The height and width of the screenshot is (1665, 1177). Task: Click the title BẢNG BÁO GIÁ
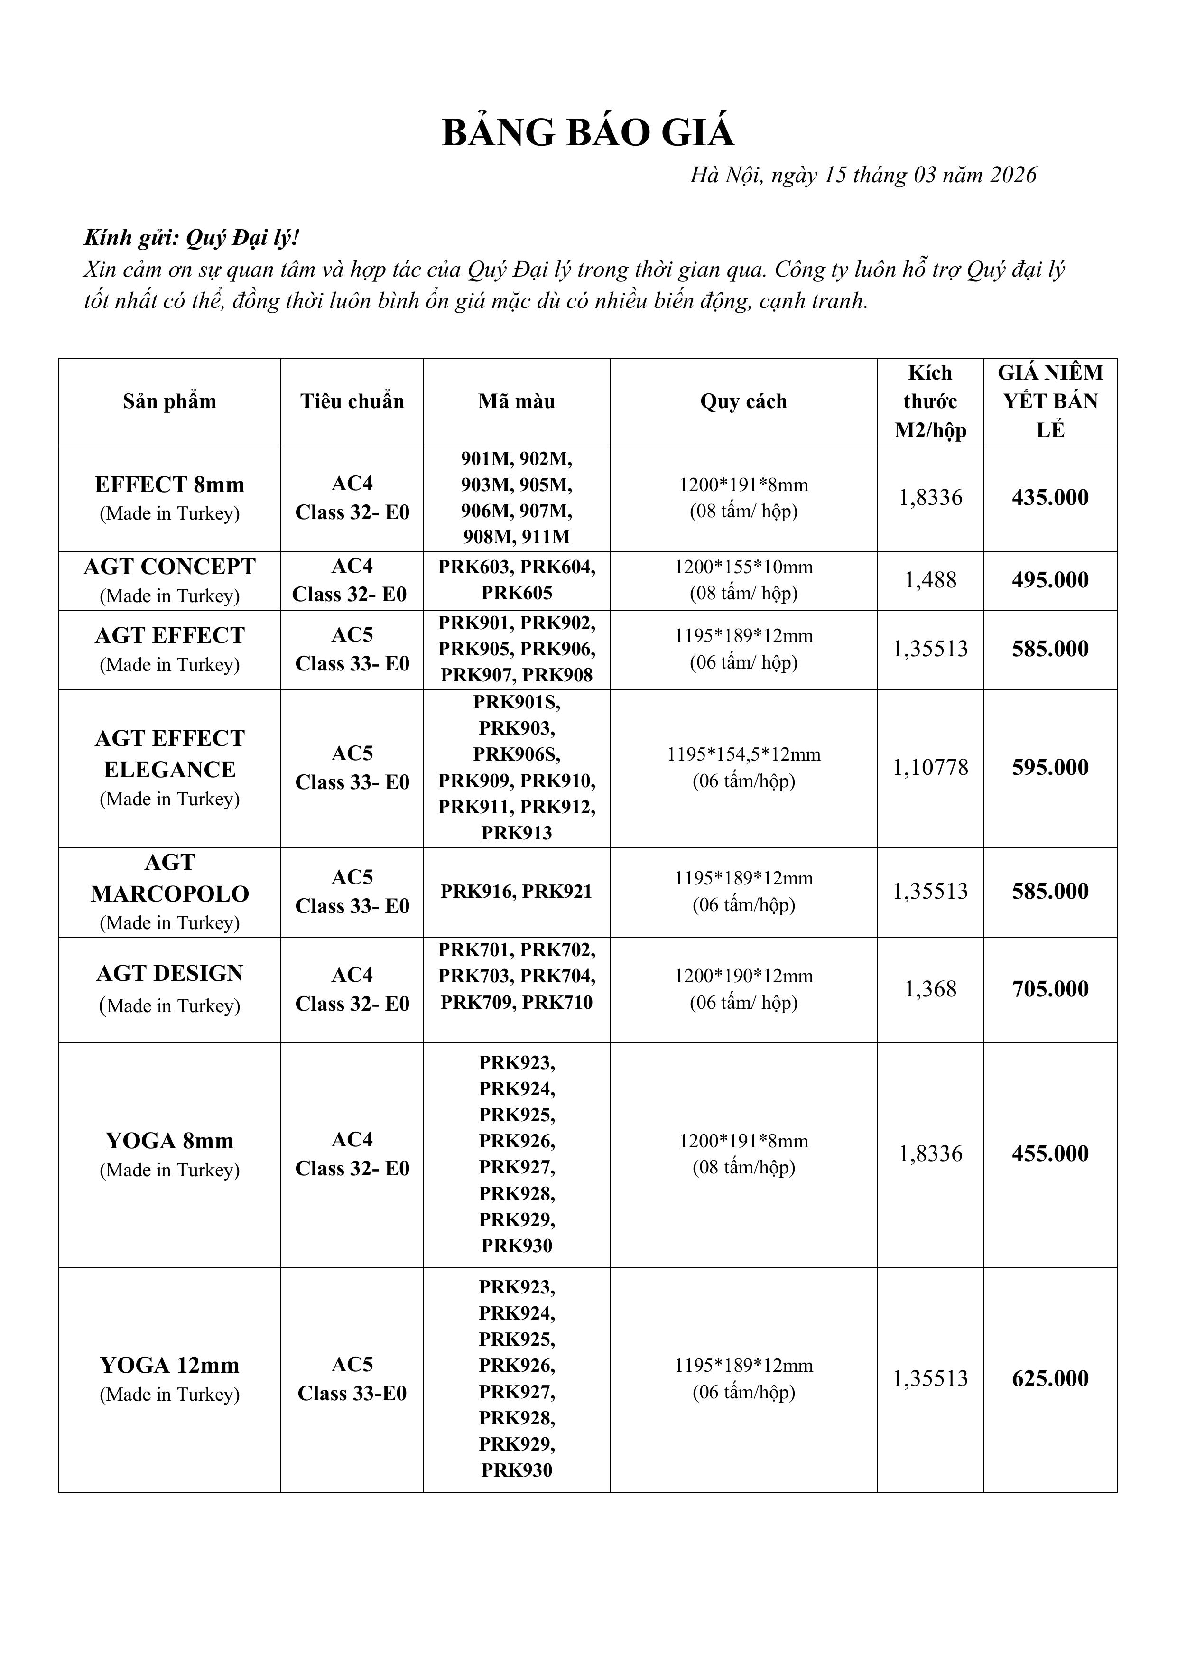pyautogui.click(x=588, y=133)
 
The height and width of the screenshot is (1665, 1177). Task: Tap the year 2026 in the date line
pyautogui.click(x=1013, y=175)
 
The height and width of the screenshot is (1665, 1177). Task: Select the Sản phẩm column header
pyautogui.click(x=170, y=401)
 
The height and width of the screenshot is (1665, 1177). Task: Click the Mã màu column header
pyautogui.click(x=516, y=401)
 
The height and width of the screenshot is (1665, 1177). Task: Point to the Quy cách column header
pyautogui.click(x=743, y=401)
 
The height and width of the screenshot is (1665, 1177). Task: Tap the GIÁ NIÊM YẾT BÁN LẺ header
pyautogui.click(x=1050, y=401)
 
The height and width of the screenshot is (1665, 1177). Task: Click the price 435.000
pyautogui.click(x=1050, y=497)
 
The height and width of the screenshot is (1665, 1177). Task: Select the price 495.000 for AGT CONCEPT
pyautogui.click(x=1050, y=580)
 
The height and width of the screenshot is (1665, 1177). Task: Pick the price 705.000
pyautogui.click(x=1050, y=989)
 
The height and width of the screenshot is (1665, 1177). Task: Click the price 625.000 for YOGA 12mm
pyautogui.click(x=1050, y=1378)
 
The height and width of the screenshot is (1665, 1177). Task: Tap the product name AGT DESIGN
pyautogui.click(x=170, y=973)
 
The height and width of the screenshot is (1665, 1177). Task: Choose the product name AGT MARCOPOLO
pyautogui.click(x=170, y=878)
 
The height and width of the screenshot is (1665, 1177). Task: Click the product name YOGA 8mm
pyautogui.click(x=170, y=1141)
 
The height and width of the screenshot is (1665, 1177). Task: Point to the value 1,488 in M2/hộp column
pyautogui.click(x=930, y=580)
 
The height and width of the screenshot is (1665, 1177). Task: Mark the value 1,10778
pyautogui.click(x=930, y=767)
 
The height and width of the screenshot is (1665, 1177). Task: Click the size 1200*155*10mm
pyautogui.click(x=743, y=567)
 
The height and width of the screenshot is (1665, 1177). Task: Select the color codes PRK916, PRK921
pyautogui.click(x=516, y=891)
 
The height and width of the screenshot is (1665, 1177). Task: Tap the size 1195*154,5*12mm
pyautogui.click(x=743, y=754)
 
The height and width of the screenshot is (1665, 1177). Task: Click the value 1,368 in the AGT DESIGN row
pyautogui.click(x=930, y=989)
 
